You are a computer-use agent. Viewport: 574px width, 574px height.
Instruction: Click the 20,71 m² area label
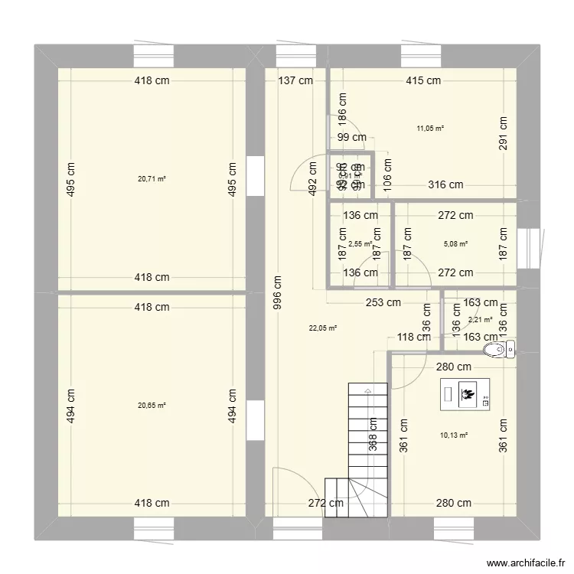[152, 179]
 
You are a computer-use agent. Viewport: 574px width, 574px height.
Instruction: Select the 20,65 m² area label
[152, 406]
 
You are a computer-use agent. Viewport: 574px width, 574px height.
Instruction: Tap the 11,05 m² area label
[430, 129]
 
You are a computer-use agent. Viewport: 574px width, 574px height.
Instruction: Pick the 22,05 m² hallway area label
[323, 328]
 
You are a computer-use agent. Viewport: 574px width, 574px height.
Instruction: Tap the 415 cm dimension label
[422, 80]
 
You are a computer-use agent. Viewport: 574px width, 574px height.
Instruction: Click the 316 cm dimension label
[445, 184]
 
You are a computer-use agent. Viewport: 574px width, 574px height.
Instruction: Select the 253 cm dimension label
[383, 302]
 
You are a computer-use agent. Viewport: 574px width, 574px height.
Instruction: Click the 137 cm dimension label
[295, 80]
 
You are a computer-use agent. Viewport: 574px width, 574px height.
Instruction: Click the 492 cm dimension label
[313, 179]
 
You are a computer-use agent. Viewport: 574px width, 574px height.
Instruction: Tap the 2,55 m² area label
[360, 245]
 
